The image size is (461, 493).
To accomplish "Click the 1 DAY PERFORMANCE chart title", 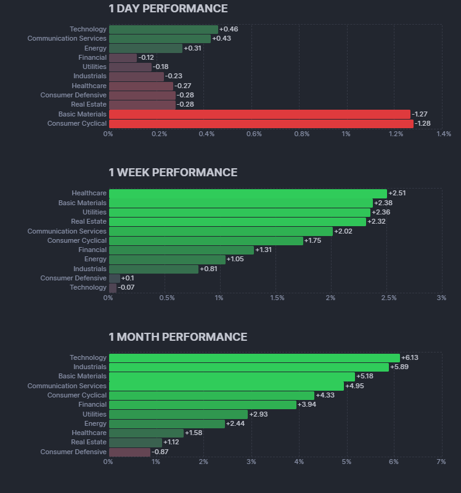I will pos(168,9).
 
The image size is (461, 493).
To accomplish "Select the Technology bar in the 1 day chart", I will pos(163,30).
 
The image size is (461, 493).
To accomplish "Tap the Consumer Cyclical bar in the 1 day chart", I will pos(261,124).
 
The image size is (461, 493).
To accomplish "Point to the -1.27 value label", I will pos(420,114).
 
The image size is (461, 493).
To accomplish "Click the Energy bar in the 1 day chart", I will pos(145,48).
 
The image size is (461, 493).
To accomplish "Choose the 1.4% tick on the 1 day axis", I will pos(443,134).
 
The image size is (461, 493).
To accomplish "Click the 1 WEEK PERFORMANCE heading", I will pos(173,173).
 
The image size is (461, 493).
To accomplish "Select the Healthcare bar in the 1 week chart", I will pos(248,194).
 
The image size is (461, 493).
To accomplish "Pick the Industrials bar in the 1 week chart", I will pos(153,269).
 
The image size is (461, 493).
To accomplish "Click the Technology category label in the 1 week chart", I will pos(88,288).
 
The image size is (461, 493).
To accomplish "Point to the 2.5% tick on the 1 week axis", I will pos(388,298).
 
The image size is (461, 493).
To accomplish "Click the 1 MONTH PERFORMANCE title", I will pos(177,337).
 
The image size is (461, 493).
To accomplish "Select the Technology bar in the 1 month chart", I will pos(254,358).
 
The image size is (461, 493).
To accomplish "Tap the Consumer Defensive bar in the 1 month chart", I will pos(129,452).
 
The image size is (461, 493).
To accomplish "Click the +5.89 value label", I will pos(400,367).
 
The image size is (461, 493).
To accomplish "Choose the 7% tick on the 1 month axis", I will pos(441,462).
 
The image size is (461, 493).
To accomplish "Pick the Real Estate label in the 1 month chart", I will pos(89,442).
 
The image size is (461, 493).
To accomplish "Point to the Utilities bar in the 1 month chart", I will pos(178,414).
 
